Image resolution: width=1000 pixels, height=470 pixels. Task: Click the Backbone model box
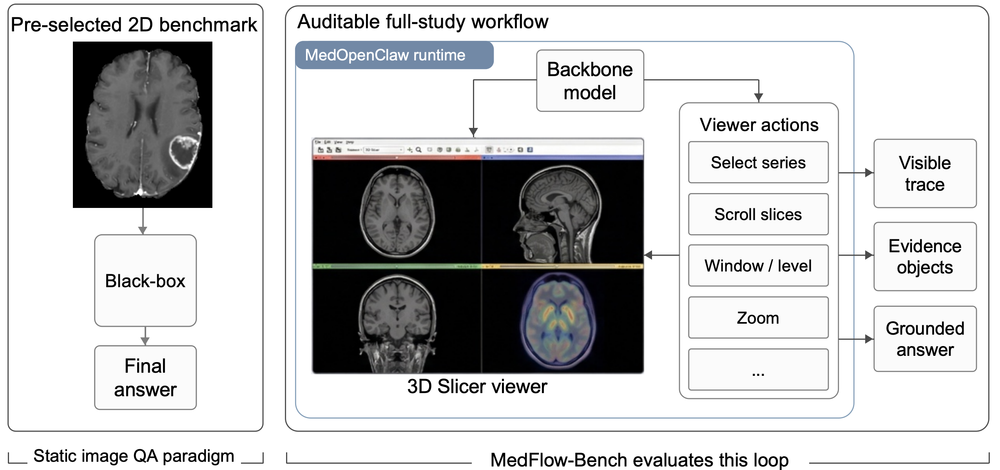coord(590,81)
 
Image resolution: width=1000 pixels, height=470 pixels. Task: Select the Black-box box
coord(145,281)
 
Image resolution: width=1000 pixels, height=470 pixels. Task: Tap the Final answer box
coord(145,377)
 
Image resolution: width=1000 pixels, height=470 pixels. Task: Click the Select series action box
coord(758,162)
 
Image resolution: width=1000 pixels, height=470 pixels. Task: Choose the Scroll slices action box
coord(758,214)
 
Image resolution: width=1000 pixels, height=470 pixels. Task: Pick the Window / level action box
coord(758,266)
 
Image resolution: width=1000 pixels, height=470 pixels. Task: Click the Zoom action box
coord(758,317)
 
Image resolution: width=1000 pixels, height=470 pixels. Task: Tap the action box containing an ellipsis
coord(758,370)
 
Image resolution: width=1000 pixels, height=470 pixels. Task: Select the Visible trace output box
coord(925,173)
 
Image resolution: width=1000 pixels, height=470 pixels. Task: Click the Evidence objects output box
coord(925,257)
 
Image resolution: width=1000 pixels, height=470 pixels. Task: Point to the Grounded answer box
coord(925,339)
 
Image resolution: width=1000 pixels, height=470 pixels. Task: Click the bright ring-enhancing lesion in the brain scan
coord(183,151)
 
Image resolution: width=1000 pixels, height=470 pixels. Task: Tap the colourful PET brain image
coord(558,320)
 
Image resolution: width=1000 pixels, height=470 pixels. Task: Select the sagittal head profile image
coord(558,214)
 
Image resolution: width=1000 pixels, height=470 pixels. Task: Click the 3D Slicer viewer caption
coord(477,386)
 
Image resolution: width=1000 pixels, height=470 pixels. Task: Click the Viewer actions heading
coord(759,125)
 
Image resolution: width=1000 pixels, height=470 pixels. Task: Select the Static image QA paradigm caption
coord(134,456)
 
